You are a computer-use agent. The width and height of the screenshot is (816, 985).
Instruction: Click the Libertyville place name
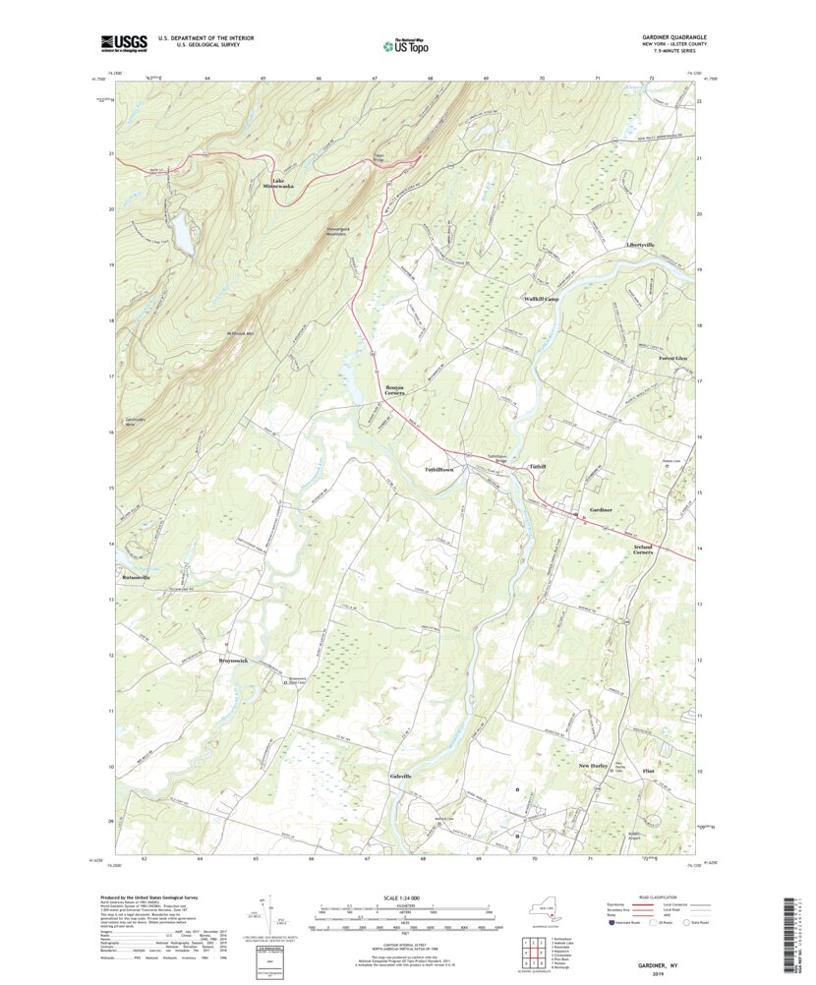(x=640, y=244)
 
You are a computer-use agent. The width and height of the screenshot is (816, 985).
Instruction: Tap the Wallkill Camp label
(x=541, y=298)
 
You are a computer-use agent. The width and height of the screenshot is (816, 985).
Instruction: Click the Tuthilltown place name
(x=437, y=470)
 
